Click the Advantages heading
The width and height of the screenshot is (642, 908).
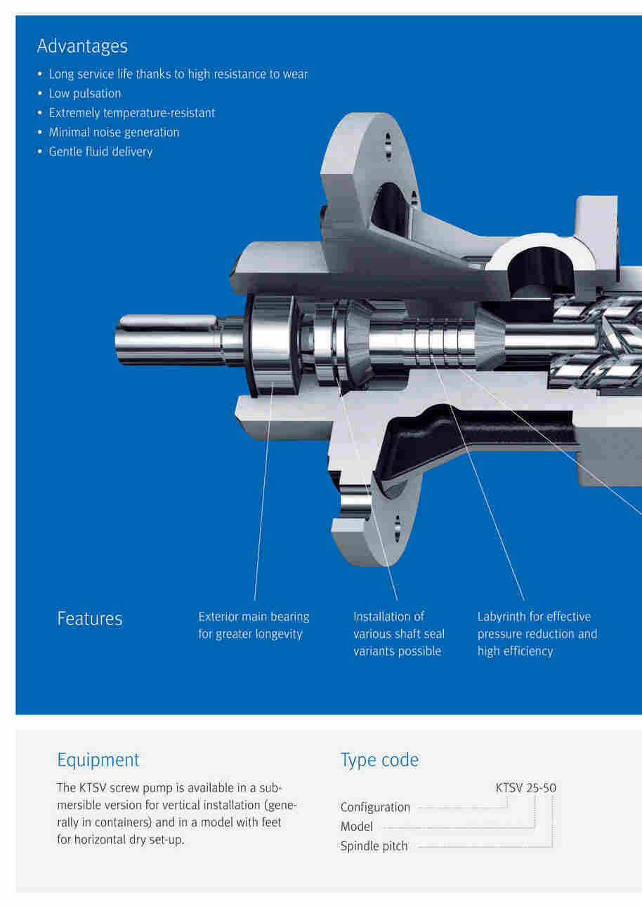tap(82, 46)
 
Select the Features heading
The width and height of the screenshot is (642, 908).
tap(90, 619)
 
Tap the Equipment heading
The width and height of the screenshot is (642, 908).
tap(98, 761)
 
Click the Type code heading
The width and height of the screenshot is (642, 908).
tap(379, 761)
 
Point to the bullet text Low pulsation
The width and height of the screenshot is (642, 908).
tap(85, 93)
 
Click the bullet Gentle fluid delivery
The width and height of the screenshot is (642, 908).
tap(100, 152)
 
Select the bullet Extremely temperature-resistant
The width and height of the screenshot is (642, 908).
tap(132, 113)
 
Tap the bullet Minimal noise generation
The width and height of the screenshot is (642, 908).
tap(114, 132)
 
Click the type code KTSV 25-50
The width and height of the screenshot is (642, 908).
tap(526, 787)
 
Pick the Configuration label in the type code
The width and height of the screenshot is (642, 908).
tap(375, 808)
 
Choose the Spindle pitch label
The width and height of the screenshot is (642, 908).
tap(374, 846)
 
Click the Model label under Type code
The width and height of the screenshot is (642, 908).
tap(356, 827)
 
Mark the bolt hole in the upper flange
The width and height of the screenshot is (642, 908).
tap(388, 145)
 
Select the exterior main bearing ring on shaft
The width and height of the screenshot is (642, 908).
tap(272, 346)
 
